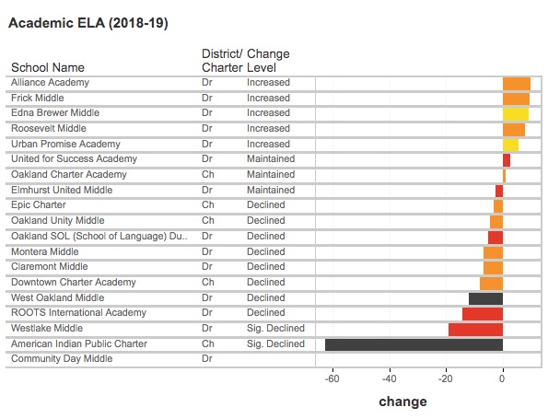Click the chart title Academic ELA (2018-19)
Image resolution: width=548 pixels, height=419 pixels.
[x=88, y=23]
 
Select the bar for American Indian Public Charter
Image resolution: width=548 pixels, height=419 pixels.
[x=414, y=344]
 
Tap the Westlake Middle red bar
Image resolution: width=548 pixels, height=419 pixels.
[x=475, y=330]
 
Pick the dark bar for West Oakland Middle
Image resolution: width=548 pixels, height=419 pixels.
[x=485, y=298]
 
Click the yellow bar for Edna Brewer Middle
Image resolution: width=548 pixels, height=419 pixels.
[x=516, y=114]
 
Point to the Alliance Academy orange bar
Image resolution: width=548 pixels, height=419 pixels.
[x=517, y=84]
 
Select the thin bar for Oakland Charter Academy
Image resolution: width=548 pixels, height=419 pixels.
[x=504, y=176]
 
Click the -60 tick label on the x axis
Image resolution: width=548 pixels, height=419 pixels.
[x=332, y=378]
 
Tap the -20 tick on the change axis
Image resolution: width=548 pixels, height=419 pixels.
[x=446, y=378]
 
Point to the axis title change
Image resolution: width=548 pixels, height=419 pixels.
[x=402, y=402]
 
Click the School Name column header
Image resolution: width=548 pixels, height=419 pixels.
[x=48, y=67]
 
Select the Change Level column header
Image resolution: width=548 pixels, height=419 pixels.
[x=268, y=61]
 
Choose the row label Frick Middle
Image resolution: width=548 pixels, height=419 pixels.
[x=38, y=98]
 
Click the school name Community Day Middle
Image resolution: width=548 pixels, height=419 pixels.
[x=62, y=358]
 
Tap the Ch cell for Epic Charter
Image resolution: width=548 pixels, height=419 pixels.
[x=208, y=204]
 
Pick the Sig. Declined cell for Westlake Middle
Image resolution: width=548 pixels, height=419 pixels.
[x=275, y=329]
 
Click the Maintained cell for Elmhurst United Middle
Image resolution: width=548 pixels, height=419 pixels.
[x=271, y=190]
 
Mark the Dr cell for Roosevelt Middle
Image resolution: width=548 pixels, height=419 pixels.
[x=207, y=128]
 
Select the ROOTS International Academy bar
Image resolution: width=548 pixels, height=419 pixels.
[x=483, y=314]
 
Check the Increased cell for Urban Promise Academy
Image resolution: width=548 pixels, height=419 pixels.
[x=268, y=144]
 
